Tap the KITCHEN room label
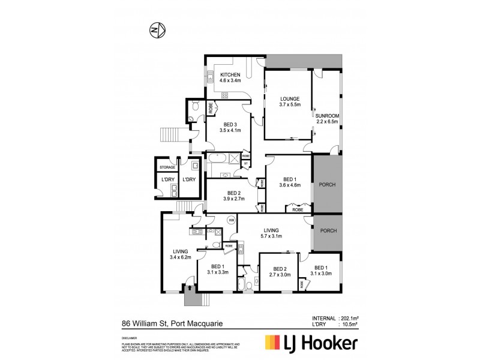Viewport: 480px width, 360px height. pos(230,76)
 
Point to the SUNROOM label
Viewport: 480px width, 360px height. pos(328,118)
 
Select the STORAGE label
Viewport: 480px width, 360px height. pos(167,167)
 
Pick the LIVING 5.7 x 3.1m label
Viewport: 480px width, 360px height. pos(271,232)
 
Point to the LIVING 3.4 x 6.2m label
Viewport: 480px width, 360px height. pos(180,254)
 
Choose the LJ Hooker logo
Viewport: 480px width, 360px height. pos(312,343)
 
